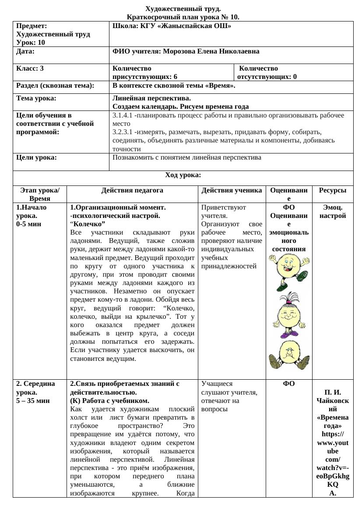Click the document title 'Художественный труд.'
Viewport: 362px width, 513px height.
[x=183, y=9]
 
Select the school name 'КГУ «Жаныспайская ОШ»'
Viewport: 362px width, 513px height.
[x=186, y=26]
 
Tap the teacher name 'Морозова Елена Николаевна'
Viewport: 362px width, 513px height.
[x=211, y=51]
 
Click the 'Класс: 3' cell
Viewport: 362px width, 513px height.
[x=30, y=68]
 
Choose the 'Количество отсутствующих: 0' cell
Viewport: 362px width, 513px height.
[x=267, y=72]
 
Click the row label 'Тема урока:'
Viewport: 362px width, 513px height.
[x=36, y=98]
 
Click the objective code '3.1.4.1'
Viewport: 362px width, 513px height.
[x=123, y=115]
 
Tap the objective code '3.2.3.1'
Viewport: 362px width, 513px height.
[x=123, y=132]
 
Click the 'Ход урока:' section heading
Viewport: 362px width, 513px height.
[x=183, y=175]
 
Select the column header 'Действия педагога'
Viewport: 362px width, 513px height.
[x=132, y=190]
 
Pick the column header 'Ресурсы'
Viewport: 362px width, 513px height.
[x=332, y=190]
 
